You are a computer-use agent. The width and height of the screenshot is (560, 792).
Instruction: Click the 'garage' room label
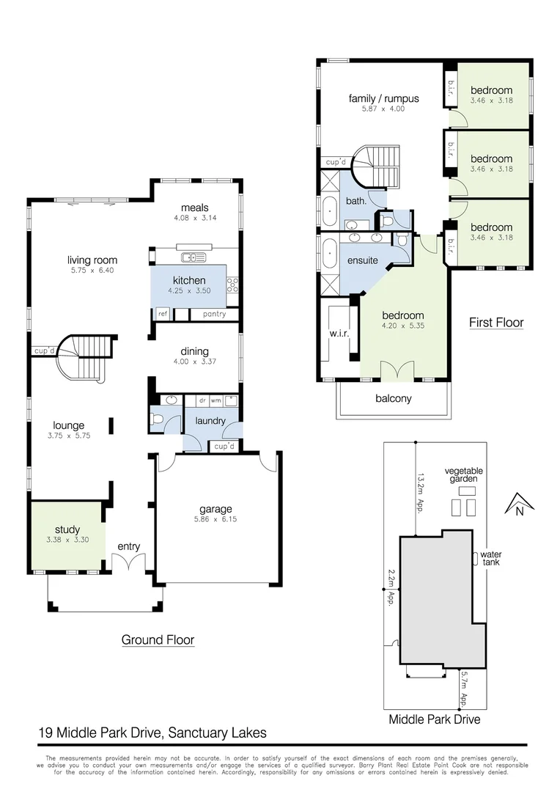215,509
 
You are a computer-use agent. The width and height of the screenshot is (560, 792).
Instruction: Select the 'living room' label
92,260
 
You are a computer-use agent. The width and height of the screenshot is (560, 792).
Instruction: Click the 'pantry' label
214,314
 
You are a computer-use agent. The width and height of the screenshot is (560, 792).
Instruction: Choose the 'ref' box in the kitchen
162,314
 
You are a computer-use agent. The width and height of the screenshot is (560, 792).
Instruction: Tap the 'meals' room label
195,208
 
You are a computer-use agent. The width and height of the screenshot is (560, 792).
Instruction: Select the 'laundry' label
210,421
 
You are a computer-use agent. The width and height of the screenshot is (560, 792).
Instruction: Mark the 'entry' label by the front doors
128,546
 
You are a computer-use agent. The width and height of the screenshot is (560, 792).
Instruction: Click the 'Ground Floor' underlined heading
158,639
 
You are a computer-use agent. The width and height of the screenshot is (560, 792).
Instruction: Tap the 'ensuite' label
362,260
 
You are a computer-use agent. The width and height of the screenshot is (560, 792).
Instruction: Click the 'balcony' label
394,399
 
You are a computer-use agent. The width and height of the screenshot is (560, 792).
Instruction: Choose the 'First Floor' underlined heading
496,322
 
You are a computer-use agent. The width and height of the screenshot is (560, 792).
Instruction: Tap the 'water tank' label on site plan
493,559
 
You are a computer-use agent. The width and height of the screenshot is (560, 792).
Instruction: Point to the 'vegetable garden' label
463,474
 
